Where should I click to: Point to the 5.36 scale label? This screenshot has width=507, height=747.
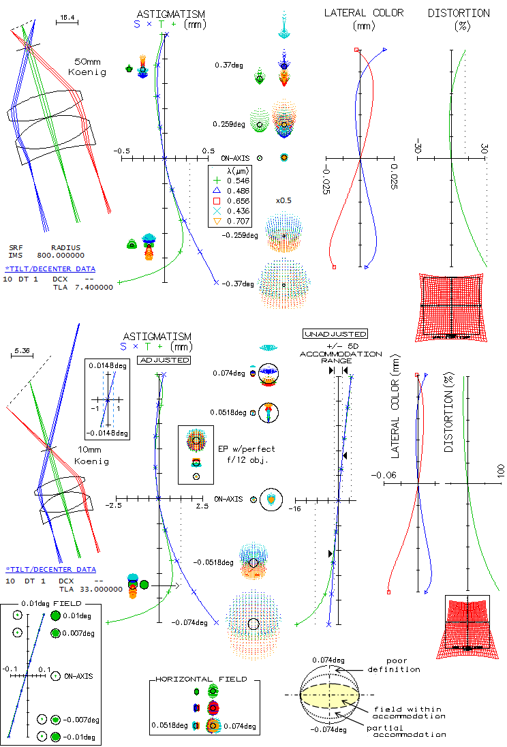(22, 352)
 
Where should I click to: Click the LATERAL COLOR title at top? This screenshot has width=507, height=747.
(363, 13)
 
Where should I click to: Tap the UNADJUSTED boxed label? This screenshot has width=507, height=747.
(335, 334)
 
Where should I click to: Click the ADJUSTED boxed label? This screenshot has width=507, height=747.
(164, 359)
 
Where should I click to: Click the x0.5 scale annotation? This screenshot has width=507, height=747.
(283, 200)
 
